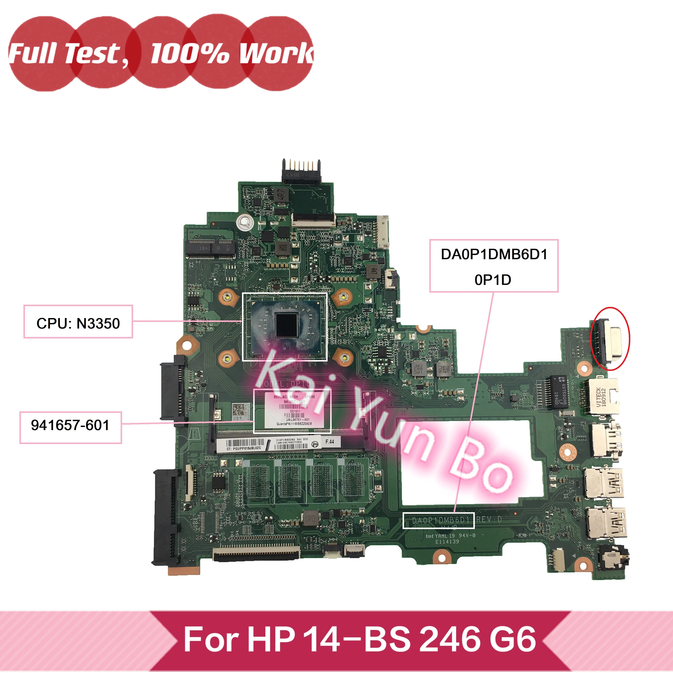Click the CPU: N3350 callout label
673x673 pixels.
78,323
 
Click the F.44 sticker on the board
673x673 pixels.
329,442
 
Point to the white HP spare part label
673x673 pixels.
293,410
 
